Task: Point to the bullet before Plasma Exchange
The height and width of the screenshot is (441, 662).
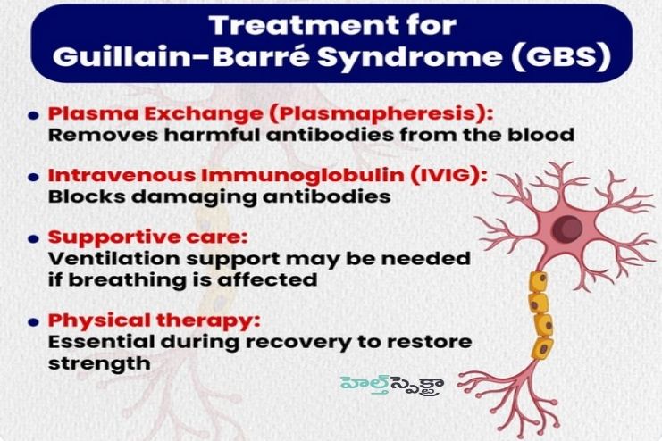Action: [x=33, y=116]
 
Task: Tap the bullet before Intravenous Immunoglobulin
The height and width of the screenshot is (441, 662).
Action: [x=33, y=177]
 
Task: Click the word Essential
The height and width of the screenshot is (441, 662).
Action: [x=93, y=342]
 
